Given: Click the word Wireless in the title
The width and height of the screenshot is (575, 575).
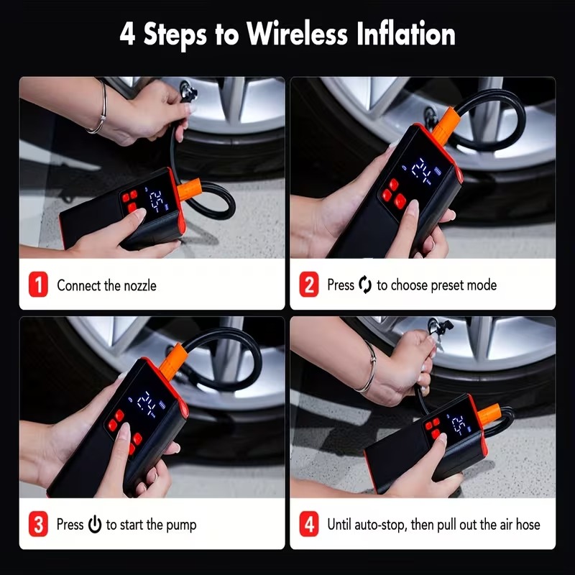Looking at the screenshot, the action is click(x=297, y=34).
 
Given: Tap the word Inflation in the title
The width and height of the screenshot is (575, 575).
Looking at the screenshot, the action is click(x=406, y=34).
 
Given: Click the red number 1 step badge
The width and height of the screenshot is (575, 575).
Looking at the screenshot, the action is click(x=38, y=284).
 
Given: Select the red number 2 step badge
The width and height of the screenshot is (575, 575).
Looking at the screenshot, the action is click(x=309, y=284).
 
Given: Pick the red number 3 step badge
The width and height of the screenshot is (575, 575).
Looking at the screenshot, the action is click(x=38, y=524).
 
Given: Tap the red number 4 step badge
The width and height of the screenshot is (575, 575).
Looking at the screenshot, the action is click(x=309, y=524).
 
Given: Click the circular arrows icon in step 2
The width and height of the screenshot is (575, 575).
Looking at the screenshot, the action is click(x=365, y=285).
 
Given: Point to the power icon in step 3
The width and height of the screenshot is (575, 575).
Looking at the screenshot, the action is click(x=95, y=524).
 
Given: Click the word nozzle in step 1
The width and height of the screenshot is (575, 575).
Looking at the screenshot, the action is click(x=140, y=285).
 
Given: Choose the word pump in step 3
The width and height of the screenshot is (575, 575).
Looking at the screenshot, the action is click(x=181, y=525).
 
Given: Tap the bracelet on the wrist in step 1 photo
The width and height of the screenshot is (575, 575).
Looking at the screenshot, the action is click(x=101, y=109).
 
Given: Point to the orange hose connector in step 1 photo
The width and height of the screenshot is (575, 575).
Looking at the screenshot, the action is click(x=189, y=189).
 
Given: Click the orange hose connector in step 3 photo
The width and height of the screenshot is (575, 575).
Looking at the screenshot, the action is click(x=174, y=362).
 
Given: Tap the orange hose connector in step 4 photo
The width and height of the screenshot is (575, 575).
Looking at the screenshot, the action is click(x=489, y=414).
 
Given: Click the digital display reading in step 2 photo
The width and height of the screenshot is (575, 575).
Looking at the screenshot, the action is click(x=422, y=170).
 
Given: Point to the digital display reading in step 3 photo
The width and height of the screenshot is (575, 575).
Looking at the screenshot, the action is click(x=146, y=402).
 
